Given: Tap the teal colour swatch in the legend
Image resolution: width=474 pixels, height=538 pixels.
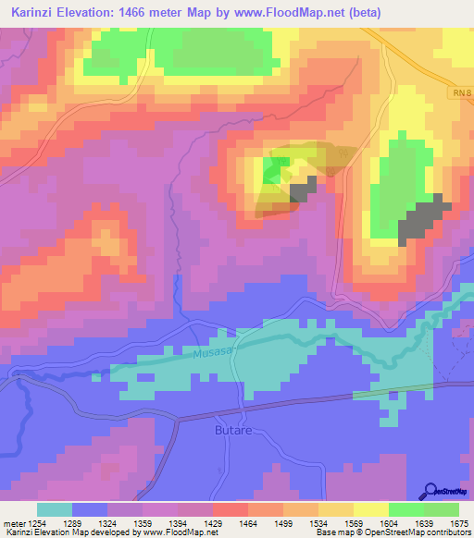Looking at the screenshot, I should tap(55, 509).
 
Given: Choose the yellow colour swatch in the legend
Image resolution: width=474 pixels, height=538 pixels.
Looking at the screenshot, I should tap(371, 509).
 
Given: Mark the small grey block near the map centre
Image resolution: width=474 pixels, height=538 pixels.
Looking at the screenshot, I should tap(303, 190).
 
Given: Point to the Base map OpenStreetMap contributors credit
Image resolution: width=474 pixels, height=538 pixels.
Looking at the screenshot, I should tap(392, 532).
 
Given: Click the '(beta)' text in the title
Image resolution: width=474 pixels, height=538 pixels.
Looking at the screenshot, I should tap(358, 13).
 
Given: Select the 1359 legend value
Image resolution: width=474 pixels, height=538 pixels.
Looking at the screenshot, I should tap(143, 522).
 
